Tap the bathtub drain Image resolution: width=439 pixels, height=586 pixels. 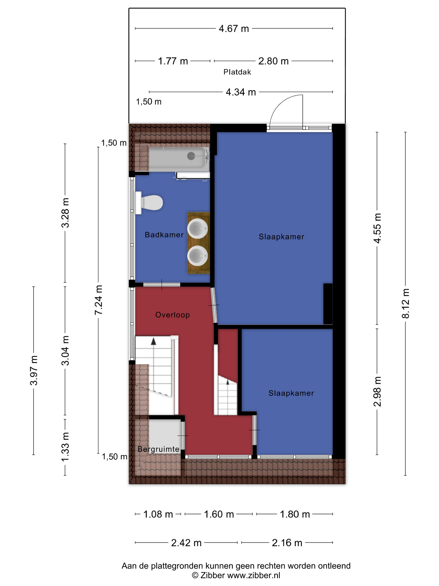pos(191,156)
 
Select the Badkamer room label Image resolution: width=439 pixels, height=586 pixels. pos(164,235)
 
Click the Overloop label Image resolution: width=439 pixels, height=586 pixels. pos(172,315)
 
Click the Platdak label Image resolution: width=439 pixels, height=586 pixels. pos(237,72)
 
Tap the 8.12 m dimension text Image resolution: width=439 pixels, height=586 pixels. pos(405,303)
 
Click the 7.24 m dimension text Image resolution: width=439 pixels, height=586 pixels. pos(98,300)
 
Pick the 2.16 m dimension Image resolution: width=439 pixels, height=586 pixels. pos(287,543)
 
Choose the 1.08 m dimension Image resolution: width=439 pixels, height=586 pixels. pos(158,514)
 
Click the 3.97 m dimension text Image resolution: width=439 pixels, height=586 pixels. pos(34,370)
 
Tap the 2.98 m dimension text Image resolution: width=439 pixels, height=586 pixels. pos(377,391)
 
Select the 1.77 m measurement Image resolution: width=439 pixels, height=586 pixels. pos(173,61)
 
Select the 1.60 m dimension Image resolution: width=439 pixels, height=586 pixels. pos(219,514)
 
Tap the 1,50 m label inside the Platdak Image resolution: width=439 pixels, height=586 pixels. pos(149,102)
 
